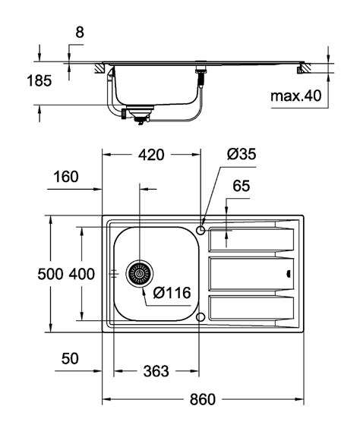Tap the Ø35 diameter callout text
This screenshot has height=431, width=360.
(242, 154)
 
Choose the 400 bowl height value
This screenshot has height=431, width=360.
(82, 275)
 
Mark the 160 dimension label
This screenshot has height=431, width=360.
(66, 178)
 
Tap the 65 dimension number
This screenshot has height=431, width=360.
(242, 187)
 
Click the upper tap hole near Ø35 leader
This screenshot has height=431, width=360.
(201, 229)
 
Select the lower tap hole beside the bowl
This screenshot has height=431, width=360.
(201, 316)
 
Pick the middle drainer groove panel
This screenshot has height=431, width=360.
(251, 273)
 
